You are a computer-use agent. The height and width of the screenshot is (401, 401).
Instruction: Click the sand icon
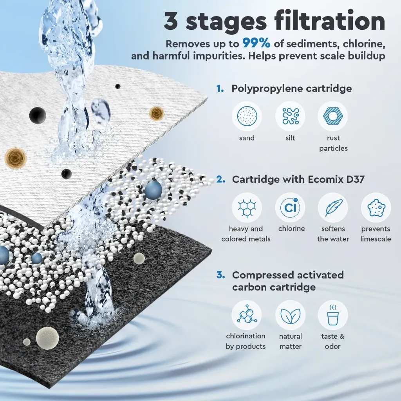247,116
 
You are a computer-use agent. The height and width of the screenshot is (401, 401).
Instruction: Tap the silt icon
290,116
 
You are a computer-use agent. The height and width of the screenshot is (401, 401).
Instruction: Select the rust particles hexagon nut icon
333,116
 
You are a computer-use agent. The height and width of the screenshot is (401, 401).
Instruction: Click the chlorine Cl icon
290,208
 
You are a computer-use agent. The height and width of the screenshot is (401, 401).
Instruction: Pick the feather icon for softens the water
333,208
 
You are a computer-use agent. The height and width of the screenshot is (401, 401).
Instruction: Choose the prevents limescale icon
376,208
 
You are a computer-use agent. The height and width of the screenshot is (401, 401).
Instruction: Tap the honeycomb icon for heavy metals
247,208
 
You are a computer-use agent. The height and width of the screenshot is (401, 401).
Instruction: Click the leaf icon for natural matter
290,315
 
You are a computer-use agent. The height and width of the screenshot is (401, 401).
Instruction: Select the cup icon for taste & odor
333,315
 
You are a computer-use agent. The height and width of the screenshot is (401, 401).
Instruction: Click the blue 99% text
256,43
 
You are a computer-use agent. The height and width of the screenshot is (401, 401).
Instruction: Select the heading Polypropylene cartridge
291,89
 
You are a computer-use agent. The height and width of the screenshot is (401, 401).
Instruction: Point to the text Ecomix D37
336,179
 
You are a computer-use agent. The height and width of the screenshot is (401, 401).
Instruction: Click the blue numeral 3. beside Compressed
221,275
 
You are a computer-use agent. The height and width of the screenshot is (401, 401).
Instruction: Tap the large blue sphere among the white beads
154,190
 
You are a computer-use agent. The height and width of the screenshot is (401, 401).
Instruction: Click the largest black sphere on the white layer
38,116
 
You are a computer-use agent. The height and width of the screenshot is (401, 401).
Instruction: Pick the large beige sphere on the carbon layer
47,338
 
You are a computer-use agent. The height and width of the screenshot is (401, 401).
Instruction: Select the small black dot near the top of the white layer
117,87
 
